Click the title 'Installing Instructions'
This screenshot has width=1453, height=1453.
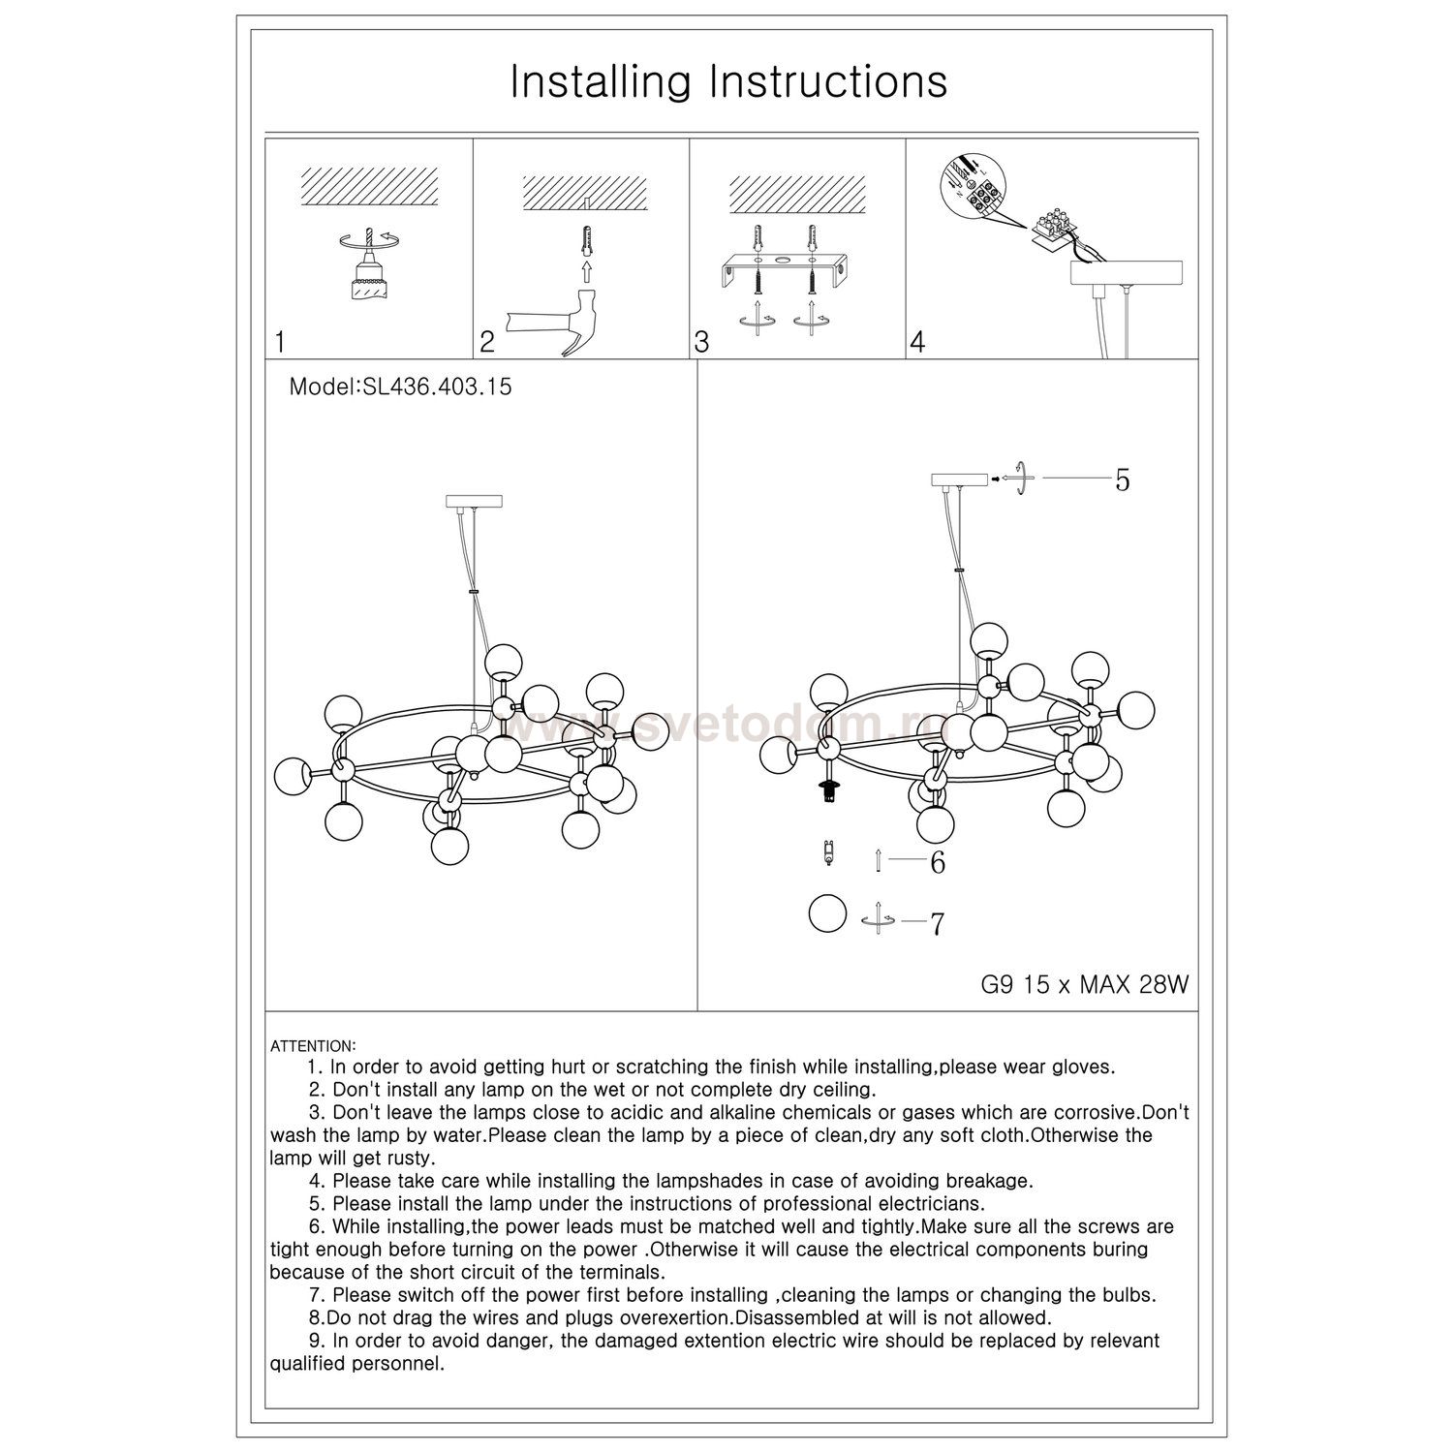(x=728, y=82)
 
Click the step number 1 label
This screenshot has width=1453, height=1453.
(x=280, y=342)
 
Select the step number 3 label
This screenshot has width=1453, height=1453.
(x=701, y=342)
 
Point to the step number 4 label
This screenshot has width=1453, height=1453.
(x=917, y=342)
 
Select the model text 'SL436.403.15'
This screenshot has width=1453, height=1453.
(x=436, y=387)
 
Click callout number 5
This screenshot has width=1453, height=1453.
(x=1122, y=479)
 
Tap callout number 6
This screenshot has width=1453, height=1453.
(x=937, y=862)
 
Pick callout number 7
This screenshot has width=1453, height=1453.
(x=937, y=924)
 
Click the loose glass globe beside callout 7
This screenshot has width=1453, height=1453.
(x=827, y=912)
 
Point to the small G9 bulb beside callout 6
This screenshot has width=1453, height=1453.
(x=827, y=854)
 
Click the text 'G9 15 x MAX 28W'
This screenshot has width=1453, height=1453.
(x=1084, y=985)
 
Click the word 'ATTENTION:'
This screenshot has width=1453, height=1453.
(x=313, y=1046)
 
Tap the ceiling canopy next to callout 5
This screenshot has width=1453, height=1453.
(x=958, y=479)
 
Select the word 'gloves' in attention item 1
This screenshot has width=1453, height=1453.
(x=1082, y=1067)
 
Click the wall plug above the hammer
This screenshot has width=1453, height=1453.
(x=583, y=238)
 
